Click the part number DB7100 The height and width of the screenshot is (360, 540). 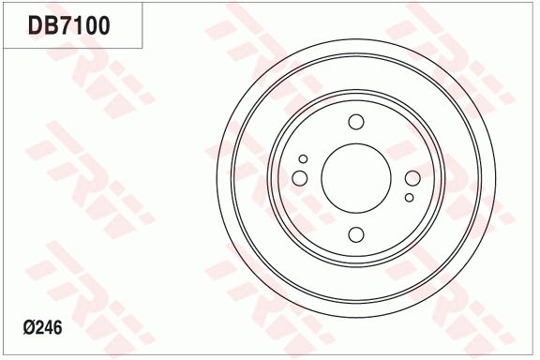click(69, 25)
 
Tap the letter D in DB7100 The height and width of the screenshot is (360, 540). click(36, 25)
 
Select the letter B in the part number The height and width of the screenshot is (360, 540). click(51, 25)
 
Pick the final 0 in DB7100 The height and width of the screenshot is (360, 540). click(103, 25)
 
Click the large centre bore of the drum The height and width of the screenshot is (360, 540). click(355, 178)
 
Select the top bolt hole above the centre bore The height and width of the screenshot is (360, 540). click(355, 122)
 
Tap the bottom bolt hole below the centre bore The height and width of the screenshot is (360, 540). click(355, 234)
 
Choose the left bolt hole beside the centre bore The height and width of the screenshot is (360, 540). click(300, 178)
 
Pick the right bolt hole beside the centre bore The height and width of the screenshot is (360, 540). click(412, 178)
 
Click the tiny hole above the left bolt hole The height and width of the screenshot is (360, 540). click(303, 159)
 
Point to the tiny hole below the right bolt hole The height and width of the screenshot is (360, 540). click(409, 198)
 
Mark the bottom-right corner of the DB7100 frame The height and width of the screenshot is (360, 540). click(142, 48)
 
